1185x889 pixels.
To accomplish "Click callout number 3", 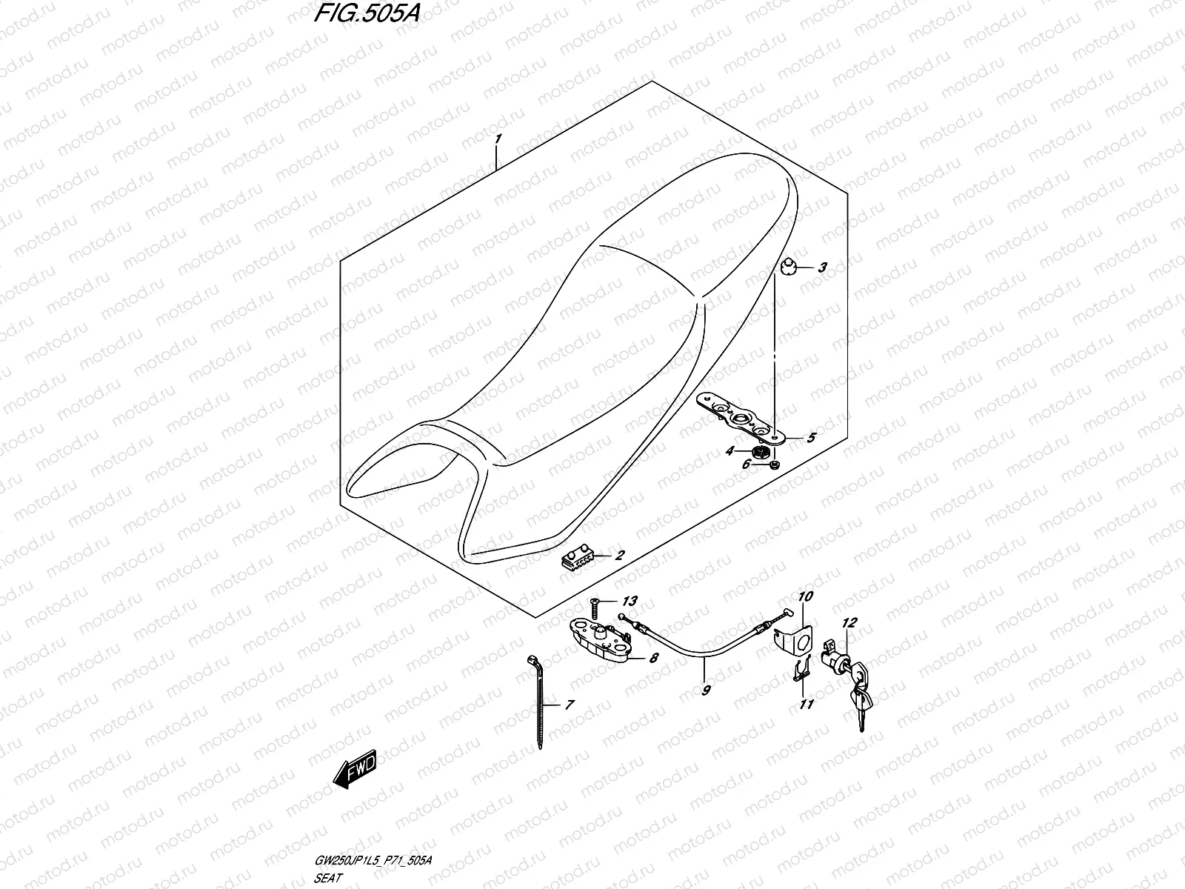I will coord(821,268).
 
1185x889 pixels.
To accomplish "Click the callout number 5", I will coord(811,438).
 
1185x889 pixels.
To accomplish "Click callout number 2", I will coord(619,555).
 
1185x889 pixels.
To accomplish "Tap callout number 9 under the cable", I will coord(706,690).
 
